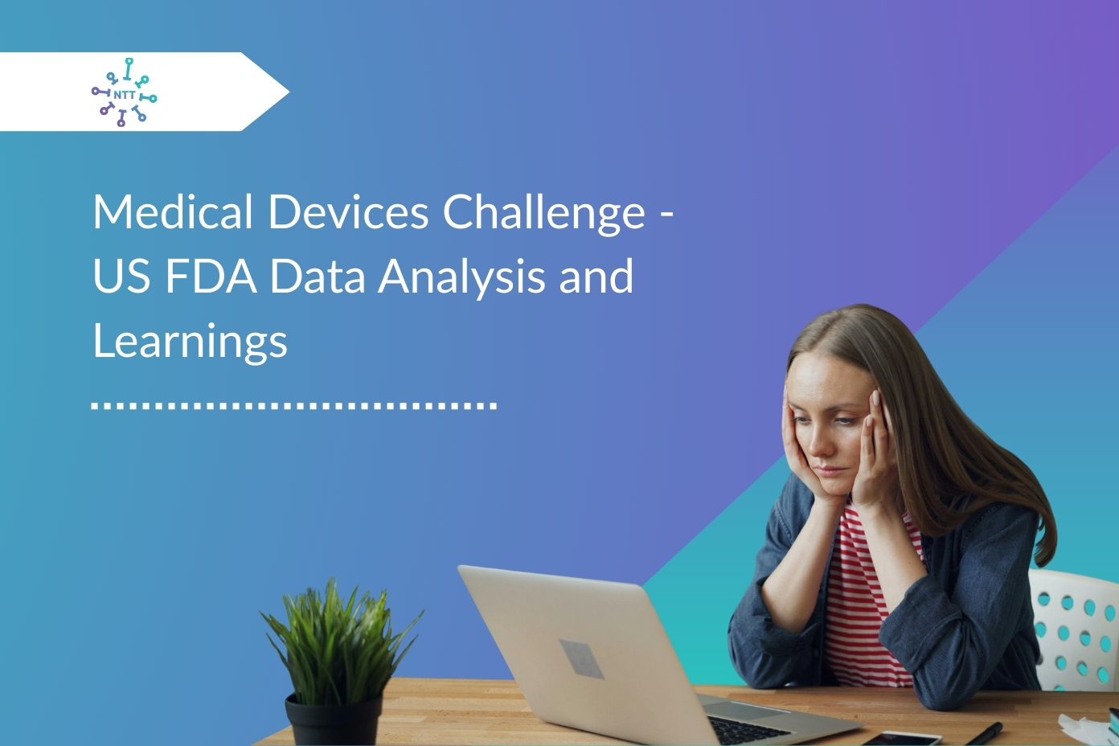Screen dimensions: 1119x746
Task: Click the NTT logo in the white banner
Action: point(124,92)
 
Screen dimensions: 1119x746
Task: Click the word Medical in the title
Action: point(173,212)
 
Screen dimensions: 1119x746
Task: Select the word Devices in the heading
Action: point(348,212)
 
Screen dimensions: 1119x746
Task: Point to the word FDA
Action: point(211,276)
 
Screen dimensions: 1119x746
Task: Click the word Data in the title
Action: point(318,276)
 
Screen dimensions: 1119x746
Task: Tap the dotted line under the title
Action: point(294,406)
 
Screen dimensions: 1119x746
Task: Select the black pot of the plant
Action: point(334,719)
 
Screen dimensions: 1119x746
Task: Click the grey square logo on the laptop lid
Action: point(581,658)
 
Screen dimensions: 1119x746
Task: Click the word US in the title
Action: point(121,276)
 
